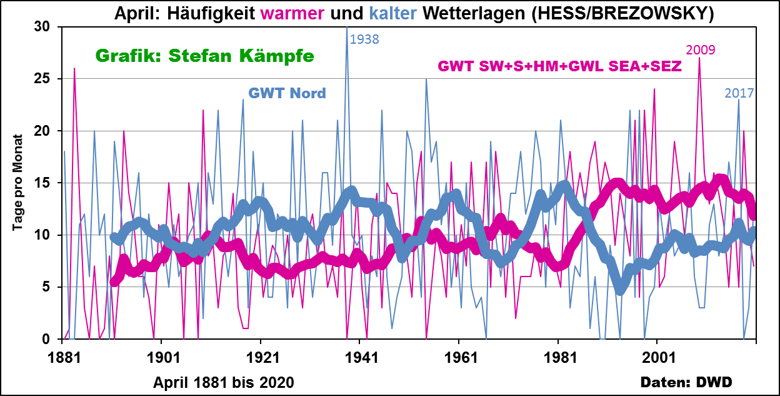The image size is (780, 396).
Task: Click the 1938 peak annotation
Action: (x=364, y=39)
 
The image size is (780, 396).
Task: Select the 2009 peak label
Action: (x=701, y=50)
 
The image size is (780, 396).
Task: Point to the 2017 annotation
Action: (x=739, y=93)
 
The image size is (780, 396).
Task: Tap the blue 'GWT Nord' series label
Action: (x=287, y=94)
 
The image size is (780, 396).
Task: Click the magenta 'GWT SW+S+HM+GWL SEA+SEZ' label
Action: (x=559, y=66)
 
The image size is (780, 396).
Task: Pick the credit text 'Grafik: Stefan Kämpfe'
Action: (x=204, y=56)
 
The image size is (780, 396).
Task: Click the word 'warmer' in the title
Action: (x=291, y=13)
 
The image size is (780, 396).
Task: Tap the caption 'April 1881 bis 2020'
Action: (x=224, y=381)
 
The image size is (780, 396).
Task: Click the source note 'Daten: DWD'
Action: (x=686, y=382)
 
